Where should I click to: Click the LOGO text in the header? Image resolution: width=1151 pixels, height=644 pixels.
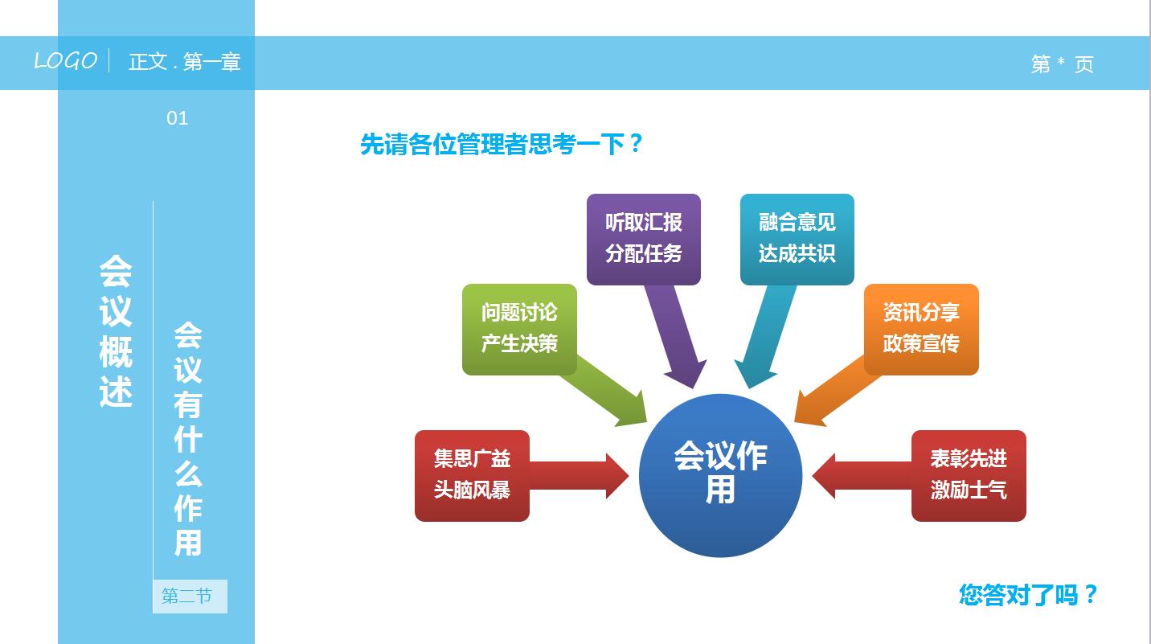(x=65, y=61)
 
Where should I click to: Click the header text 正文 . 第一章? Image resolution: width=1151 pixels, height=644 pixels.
(x=184, y=62)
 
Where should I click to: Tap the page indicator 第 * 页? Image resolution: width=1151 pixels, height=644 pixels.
(x=1062, y=64)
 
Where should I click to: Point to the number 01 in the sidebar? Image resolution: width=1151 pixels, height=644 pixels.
(x=177, y=119)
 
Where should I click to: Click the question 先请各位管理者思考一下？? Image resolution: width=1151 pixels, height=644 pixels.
(x=502, y=145)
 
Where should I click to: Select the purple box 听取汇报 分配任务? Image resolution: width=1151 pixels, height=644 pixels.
(x=643, y=239)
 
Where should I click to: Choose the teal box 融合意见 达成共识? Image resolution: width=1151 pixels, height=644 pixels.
(x=797, y=239)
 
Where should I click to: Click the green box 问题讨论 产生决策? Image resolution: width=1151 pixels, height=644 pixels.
(x=519, y=329)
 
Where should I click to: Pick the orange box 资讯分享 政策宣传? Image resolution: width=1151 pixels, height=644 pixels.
(x=920, y=329)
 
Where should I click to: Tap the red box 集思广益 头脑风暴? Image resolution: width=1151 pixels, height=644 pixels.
(x=472, y=475)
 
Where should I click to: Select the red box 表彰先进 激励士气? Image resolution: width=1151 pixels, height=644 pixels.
(x=968, y=475)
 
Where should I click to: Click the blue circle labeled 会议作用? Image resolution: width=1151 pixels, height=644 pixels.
(x=720, y=475)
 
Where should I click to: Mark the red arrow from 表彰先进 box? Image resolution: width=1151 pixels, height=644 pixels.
(x=860, y=475)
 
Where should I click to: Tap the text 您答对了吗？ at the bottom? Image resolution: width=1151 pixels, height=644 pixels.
(x=1028, y=595)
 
